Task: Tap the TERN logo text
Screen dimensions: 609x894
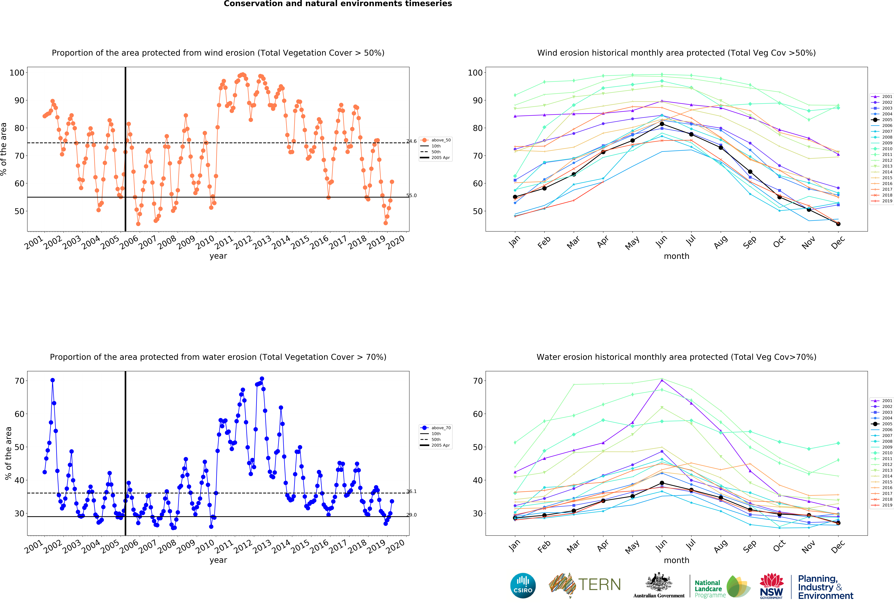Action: tap(599, 585)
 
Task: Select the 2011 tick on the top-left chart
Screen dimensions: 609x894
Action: tap(224, 242)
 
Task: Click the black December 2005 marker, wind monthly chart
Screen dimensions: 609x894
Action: tap(838, 224)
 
